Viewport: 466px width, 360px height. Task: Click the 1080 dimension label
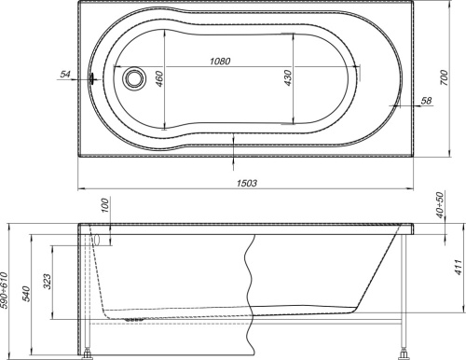pos(219,62)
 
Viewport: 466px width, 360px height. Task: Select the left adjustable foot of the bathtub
pos(89,352)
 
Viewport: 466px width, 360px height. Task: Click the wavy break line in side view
pos(252,280)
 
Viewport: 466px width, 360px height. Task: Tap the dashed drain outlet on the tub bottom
pos(132,317)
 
